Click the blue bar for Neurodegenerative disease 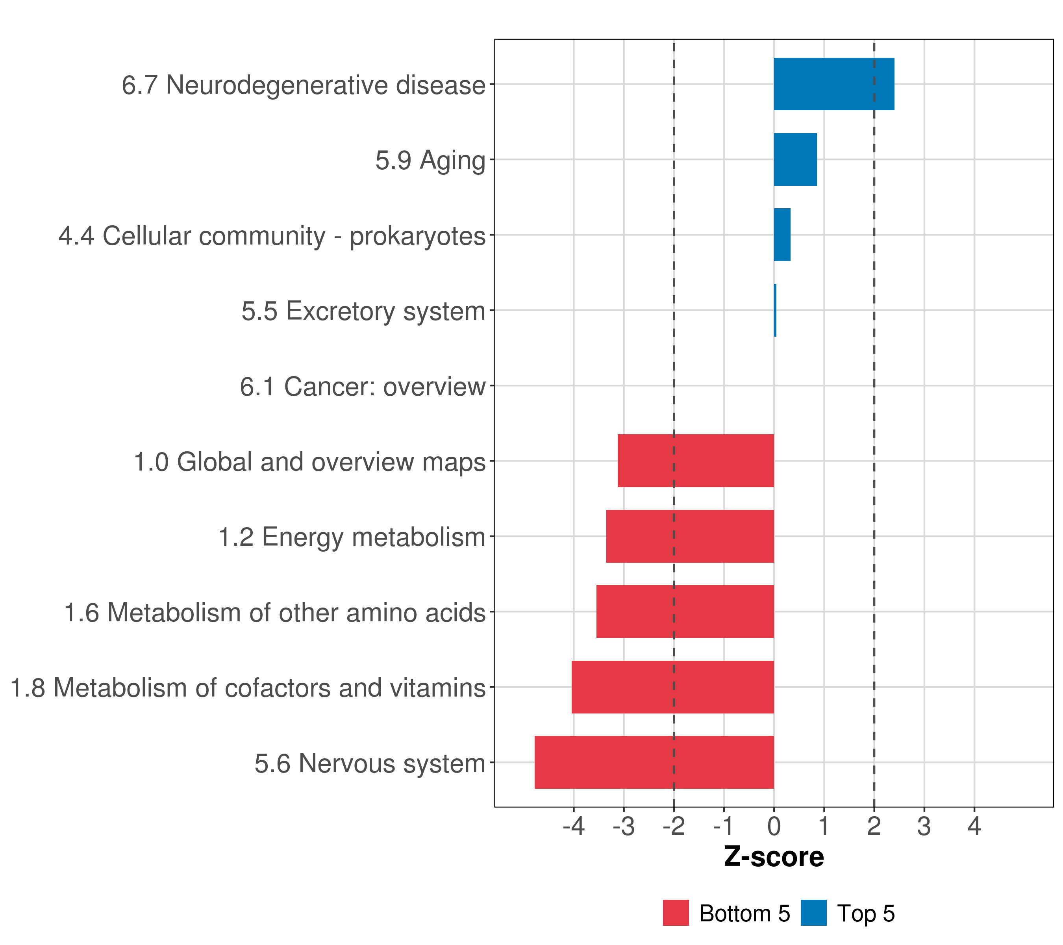tap(833, 84)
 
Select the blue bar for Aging tap(795, 160)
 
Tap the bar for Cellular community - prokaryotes tap(782, 235)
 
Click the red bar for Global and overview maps tap(695, 461)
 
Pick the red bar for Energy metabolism tap(690, 536)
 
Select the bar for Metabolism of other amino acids tap(685, 611)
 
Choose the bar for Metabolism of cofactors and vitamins tap(672, 687)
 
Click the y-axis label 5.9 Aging tap(430, 160)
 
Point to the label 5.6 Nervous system tap(370, 763)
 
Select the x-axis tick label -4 tap(574, 826)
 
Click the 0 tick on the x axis tap(774, 826)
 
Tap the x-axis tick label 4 tap(974, 826)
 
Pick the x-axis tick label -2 tap(674, 826)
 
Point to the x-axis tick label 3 tap(924, 826)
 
